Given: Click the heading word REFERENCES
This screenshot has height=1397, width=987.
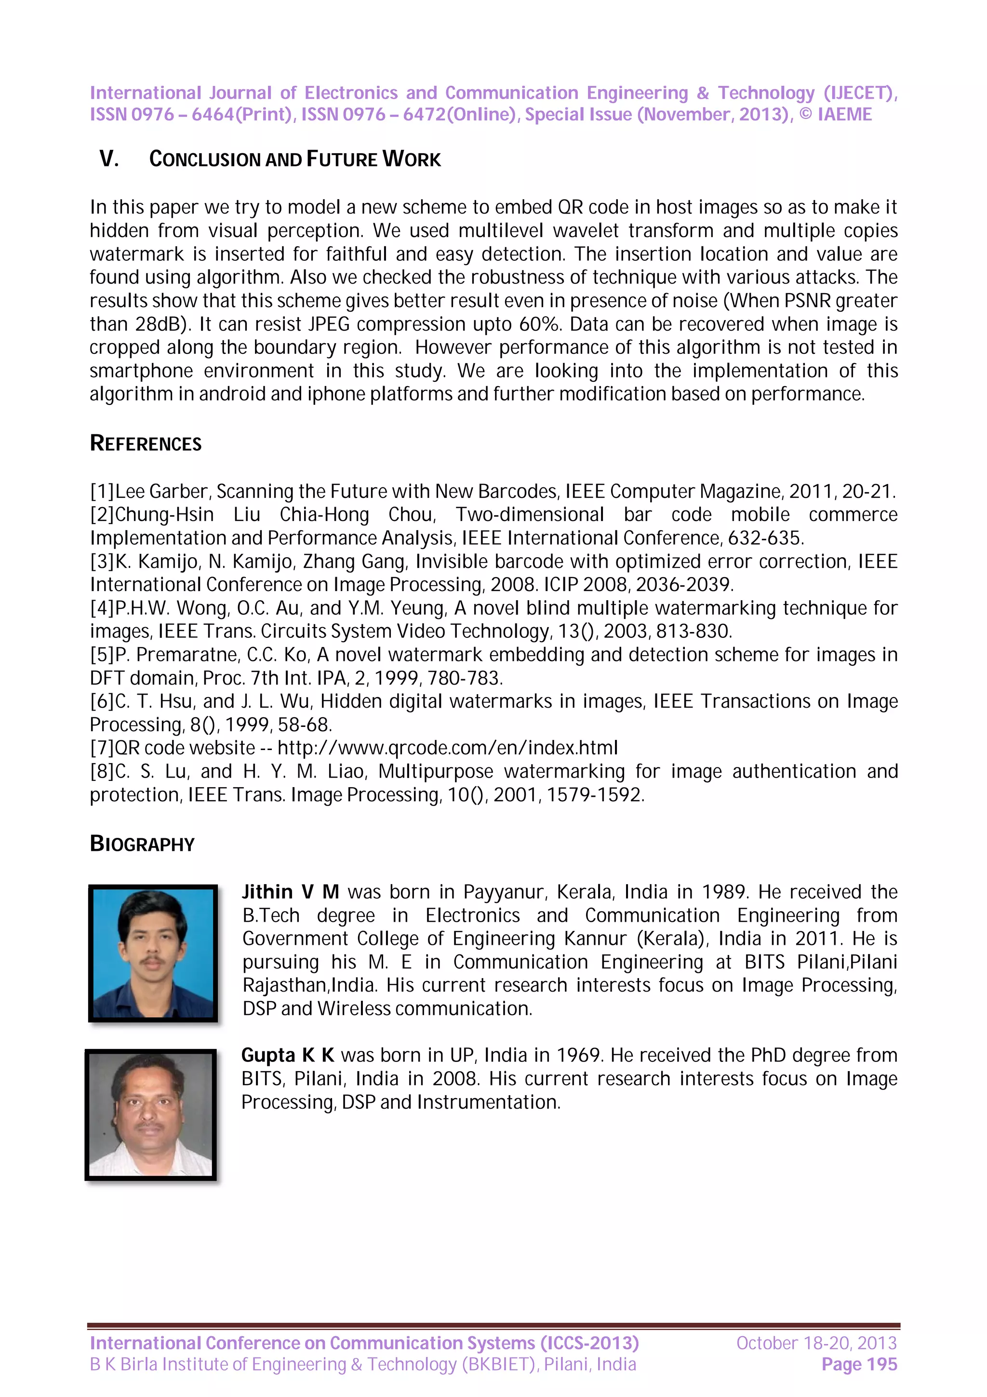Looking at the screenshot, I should click(x=146, y=443).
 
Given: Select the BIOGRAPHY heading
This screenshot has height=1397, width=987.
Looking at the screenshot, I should click(x=142, y=844).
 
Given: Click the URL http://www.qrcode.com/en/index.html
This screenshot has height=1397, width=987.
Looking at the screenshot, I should click(x=448, y=748).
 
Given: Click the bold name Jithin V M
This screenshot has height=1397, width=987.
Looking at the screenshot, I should click(x=290, y=892).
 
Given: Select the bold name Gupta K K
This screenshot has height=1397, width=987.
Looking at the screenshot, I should click(x=288, y=1055).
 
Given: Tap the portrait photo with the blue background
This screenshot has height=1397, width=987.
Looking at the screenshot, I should click(x=153, y=953).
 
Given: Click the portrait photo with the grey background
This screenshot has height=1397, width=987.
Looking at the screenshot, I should click(x=151, y=1115).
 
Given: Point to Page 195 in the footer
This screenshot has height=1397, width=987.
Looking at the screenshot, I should click(x=859, y=1365).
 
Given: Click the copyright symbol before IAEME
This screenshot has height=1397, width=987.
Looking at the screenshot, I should click(x=805, y=114).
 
